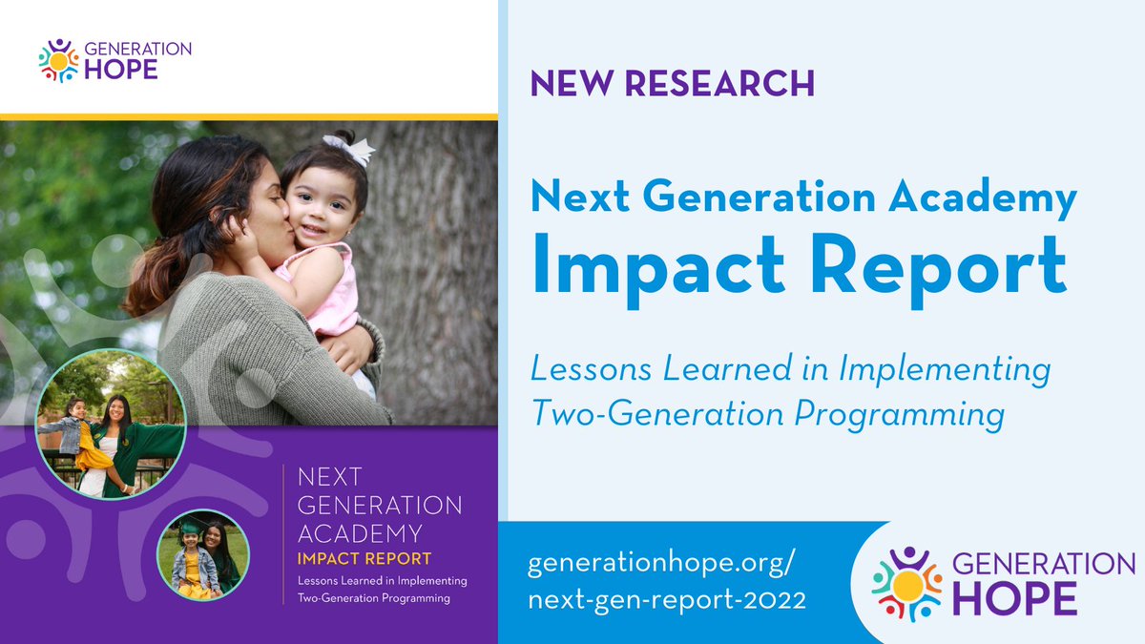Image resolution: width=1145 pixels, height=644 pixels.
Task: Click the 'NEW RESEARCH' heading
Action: click(673, 84)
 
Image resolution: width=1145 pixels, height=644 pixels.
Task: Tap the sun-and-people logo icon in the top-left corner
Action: click(58, 60)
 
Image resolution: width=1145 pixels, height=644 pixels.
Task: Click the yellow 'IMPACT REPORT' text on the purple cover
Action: click(364, 559)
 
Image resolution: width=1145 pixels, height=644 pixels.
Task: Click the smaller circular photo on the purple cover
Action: click(202, 555)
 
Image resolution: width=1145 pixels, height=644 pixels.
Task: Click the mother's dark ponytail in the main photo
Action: click(153, 267)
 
